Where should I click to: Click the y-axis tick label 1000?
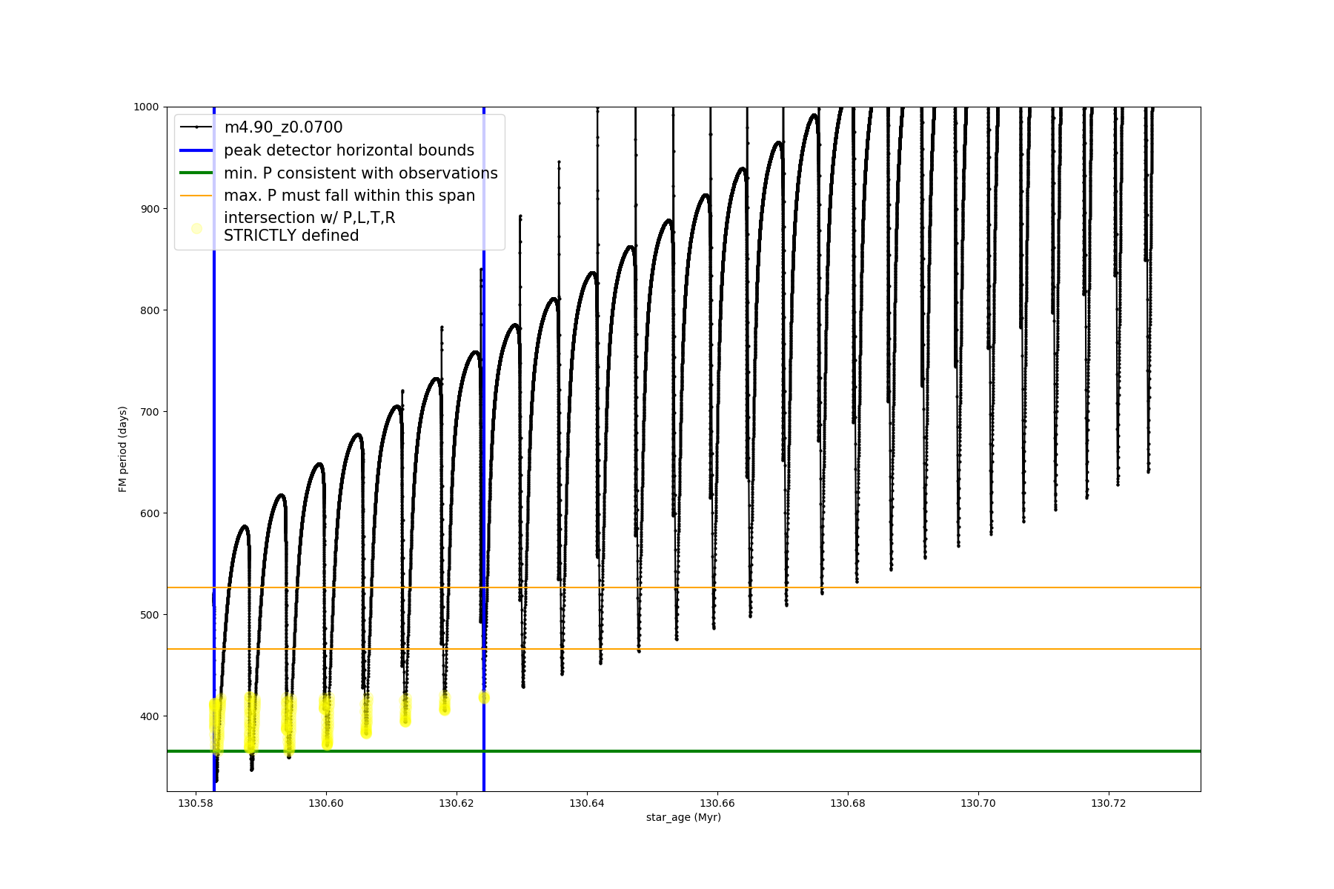[x=146, y=107]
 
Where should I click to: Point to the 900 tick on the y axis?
[x=149, y=209]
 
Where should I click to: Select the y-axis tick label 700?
[x=149, y=412]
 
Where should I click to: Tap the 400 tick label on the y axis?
[x=149, y=716]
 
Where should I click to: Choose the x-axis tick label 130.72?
[x=1109, y=803]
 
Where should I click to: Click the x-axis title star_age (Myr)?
[x=683, y=817]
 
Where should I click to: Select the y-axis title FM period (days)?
[x=123, y=449]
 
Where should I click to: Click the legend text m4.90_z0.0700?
[x=283, y=127]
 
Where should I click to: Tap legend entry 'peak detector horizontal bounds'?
[x=349, y=150]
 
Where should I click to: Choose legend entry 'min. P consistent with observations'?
[x=361, y=173]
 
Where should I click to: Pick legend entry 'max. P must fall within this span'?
[x=349, y=196]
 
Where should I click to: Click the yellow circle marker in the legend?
[x=196, y=228]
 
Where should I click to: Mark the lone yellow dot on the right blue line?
[x=484, y=698]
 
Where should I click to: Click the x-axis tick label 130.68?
[x=848, y=803]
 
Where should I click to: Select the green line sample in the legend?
[x=196, y=173]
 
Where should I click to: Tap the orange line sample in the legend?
[x=196, y=196]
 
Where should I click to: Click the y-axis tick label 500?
[x=149, y=615]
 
